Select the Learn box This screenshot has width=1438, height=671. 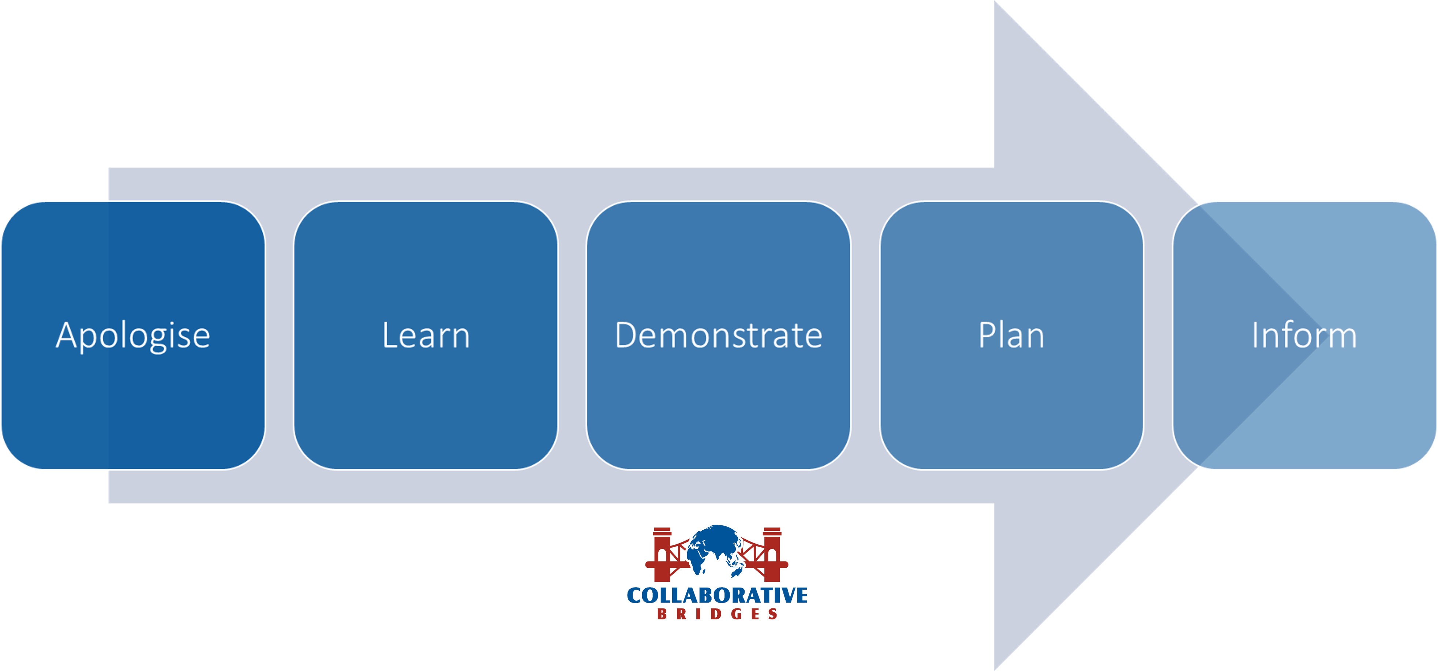pyautogui.click(x=426, y=335)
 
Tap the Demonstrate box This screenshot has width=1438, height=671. pyautogui.click(x=718, y=335)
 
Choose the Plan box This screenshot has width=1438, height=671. pyautogui.click(x=1011, y=335)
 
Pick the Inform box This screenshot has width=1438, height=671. pyautogui.click(x=1304, y=335)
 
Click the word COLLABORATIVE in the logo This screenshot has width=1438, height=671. pyautogui.click(x=717, y=596)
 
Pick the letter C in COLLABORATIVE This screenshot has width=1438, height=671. pyautogui.click(x=635, y=596)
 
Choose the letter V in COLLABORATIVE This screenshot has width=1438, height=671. pyautogui.click(x=784, y=596)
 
